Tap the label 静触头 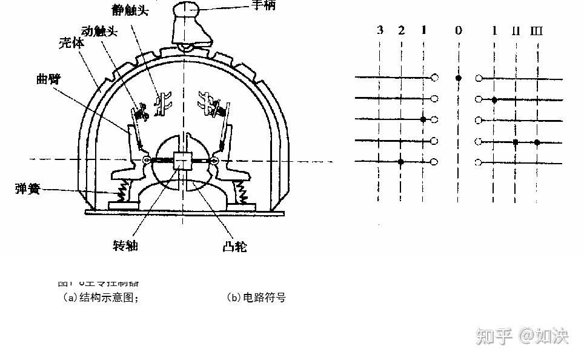coord(130,10)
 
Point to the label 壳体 coord(71,44)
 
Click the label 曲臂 coord(50,80)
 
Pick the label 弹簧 coord(27,188)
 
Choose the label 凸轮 coord(234,247)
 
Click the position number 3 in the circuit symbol coord(380,29)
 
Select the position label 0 coord(459,30)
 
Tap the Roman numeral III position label coord(536,30)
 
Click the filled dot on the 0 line coord(459,78)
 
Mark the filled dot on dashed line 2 coord(401,162)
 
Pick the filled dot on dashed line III coord(537,142)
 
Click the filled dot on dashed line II coord(516,142)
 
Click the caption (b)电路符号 coord(256,298)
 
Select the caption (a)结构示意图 coord(101,298)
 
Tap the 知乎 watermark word coord(494,335)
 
